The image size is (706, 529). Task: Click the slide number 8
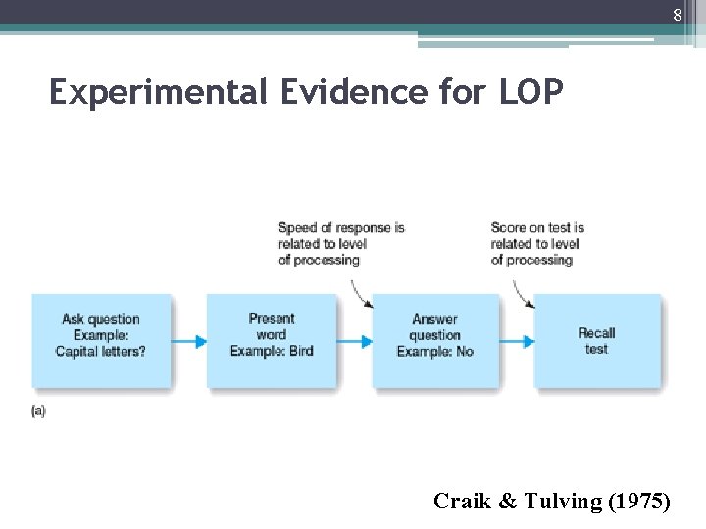pyautogui.click(x=677, y=15)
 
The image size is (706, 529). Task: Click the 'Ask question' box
pyautogui.click(x=100, y=339)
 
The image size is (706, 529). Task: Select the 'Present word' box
pyautogui.click(x=272, y=339)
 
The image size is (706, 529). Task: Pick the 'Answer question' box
pyautogui.click(x=435, y=339)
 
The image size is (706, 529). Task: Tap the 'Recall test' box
pyautogui.click(x=596, y=339)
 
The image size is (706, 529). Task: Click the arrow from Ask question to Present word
pyautogui.click(x=188, y=341)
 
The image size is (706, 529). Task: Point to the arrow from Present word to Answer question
pyautogui.click(x=354, y=341)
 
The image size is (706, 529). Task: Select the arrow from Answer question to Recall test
pyautogui.click(x=516, y=341)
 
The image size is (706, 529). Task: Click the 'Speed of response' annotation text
pyautogui.click(x=340, y=244)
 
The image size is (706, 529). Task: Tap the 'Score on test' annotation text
pyautogui.click(x=537, y=244)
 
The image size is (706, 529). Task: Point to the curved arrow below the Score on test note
pyautogui.click(x=521, y=291)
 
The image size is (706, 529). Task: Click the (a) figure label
pyautogui.click(x=38, y=410)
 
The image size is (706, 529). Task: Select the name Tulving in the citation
pyautogui.click(x=554, y=502)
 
